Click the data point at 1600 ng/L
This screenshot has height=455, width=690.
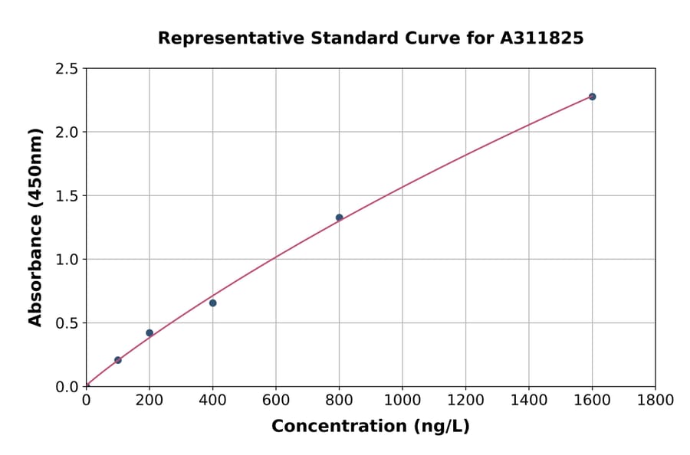(x=592, y=97)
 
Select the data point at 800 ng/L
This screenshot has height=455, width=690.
(x=339, y=218)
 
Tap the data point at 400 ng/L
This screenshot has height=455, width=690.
(x=212, y=303)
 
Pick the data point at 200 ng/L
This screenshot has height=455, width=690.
(x=149, y=333)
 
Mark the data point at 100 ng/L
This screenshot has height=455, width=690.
(x=117, y=360)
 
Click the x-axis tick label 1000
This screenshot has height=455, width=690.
(x=402, y=400)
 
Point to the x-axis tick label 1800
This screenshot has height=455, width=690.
(x=655, y=400)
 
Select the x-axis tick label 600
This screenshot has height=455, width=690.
(x=275, y=400)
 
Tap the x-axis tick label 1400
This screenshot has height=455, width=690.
(x=528, y=400)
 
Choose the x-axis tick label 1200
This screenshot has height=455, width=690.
(x=465, y=400)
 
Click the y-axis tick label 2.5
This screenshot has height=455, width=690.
(x=67, y=69)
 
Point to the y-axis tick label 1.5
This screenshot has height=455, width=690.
(x=67, y=196)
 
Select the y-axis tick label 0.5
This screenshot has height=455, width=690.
(x=67, y=323)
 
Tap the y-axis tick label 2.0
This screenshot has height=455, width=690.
(x=67, y=133)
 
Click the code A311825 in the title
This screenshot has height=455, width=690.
(x=542, y=38)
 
